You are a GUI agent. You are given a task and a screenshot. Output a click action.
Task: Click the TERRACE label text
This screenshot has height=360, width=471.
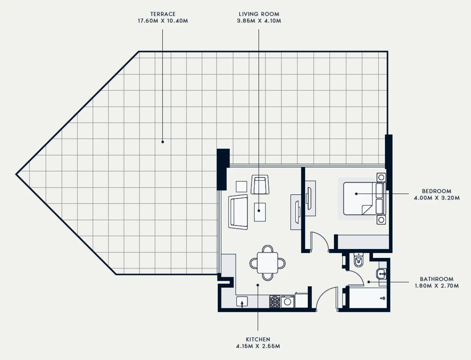(163, 14)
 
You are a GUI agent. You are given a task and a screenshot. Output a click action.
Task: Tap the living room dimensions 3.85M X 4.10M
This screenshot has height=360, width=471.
(259, 21)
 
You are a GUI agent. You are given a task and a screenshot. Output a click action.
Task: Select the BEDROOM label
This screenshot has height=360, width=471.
(436, 191)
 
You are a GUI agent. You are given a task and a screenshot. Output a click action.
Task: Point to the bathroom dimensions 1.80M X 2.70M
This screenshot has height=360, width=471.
(437, 286)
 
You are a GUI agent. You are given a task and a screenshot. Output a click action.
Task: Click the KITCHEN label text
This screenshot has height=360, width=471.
(258, 339)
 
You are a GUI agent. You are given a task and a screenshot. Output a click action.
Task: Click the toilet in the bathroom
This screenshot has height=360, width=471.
(358, 260)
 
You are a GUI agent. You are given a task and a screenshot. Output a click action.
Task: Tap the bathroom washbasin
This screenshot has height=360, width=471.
(381, 274)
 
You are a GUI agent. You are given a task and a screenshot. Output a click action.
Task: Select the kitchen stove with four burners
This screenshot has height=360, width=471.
(275, 301)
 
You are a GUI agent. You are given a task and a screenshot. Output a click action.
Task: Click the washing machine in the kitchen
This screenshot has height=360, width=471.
(288, 301)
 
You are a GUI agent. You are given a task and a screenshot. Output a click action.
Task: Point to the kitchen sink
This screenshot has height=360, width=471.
(242, 301)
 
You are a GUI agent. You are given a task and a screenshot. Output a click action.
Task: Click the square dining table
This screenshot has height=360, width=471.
(267, 263)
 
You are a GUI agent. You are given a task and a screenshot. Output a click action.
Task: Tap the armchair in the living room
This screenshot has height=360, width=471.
(260, 185)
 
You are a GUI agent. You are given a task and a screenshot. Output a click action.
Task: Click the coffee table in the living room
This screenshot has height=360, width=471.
(260, 212)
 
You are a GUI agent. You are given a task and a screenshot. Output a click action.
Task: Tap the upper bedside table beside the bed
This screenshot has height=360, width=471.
(381, 177)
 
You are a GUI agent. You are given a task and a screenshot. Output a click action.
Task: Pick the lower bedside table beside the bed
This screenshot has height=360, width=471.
(381, 220)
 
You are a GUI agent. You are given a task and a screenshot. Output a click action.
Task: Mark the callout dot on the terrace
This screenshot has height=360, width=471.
(163, 142)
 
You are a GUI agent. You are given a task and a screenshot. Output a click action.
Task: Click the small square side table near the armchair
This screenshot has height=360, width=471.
(242, 187)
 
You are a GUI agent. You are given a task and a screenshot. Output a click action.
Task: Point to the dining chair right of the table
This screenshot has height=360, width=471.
(281, 263)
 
